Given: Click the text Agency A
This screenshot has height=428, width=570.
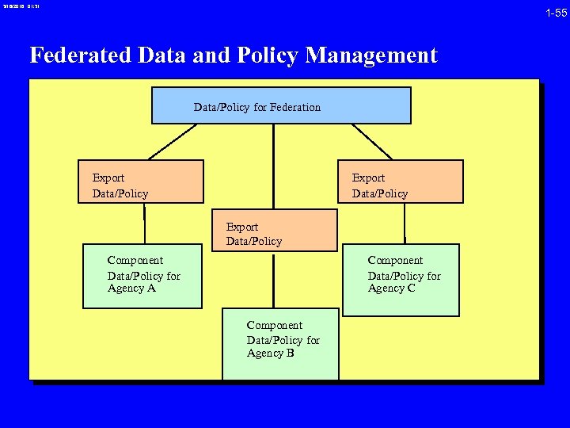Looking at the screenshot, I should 131,289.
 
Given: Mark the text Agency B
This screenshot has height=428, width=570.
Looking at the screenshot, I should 271,353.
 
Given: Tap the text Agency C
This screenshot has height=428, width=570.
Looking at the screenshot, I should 391,289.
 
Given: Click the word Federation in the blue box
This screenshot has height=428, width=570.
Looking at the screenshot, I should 295,107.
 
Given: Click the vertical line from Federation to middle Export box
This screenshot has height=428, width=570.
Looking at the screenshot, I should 273,166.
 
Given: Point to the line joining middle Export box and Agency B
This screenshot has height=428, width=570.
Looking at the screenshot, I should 273,280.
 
